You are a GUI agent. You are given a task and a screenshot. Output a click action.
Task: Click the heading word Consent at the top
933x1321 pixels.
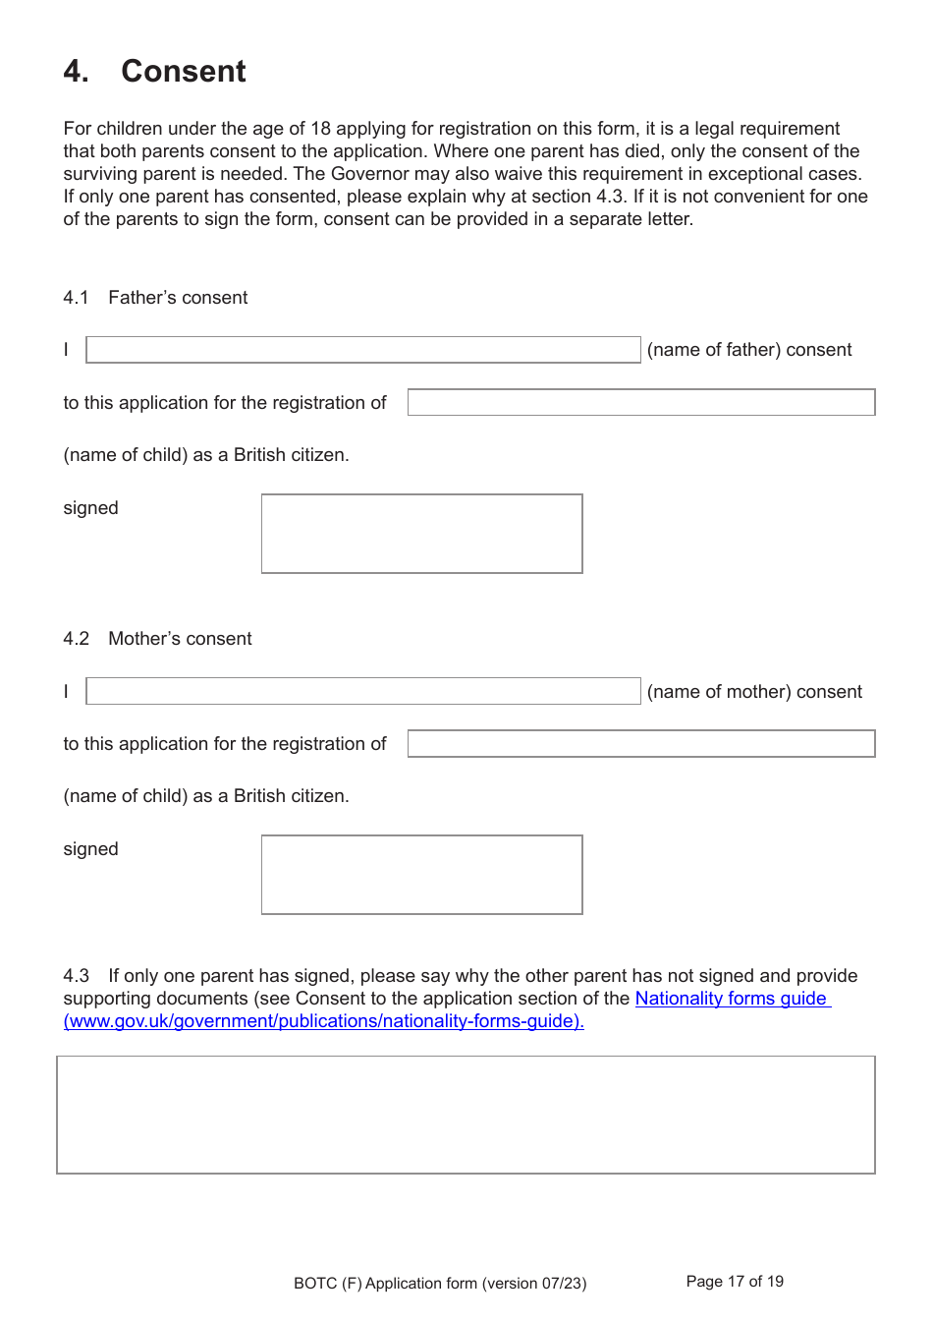tap(183, 72)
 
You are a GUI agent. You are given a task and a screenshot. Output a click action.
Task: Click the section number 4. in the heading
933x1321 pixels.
tap(76, 72)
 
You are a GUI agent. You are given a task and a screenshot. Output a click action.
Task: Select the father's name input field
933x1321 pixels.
tap(362, 350)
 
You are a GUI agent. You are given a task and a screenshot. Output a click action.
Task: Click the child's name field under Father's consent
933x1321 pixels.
tap(640, 402)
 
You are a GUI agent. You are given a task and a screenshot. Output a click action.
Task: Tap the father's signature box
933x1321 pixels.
tap(421, 534)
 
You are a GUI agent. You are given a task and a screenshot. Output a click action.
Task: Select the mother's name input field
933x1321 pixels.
tap(362, 691)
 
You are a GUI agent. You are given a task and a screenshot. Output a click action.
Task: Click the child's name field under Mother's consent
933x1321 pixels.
tap(640, 743)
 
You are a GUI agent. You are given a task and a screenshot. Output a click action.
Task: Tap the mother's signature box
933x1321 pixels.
tap(421, 875)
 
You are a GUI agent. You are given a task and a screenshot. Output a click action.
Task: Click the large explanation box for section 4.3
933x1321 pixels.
tap(466, 1115)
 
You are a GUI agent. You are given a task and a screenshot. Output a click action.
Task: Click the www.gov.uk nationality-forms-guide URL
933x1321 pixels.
tap(323, 1021)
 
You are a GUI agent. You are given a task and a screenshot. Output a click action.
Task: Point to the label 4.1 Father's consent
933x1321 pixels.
tap(155, 298)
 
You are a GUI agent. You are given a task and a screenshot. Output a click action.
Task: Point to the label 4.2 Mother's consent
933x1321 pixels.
tap(157, 639)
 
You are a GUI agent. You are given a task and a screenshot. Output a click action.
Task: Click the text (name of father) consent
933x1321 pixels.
tap(748, 350)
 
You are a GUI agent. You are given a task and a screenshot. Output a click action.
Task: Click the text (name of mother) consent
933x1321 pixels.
tap(753, 692)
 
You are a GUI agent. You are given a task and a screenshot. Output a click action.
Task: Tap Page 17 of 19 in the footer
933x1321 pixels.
tap(735, 1282)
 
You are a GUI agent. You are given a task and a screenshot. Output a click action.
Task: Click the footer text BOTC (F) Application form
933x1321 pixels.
tap(439, 1284)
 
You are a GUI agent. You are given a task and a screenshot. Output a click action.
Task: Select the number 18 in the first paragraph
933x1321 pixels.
tap(320, 129)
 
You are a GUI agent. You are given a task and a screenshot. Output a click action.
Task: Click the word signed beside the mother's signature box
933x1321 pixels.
tap(90, 849)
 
